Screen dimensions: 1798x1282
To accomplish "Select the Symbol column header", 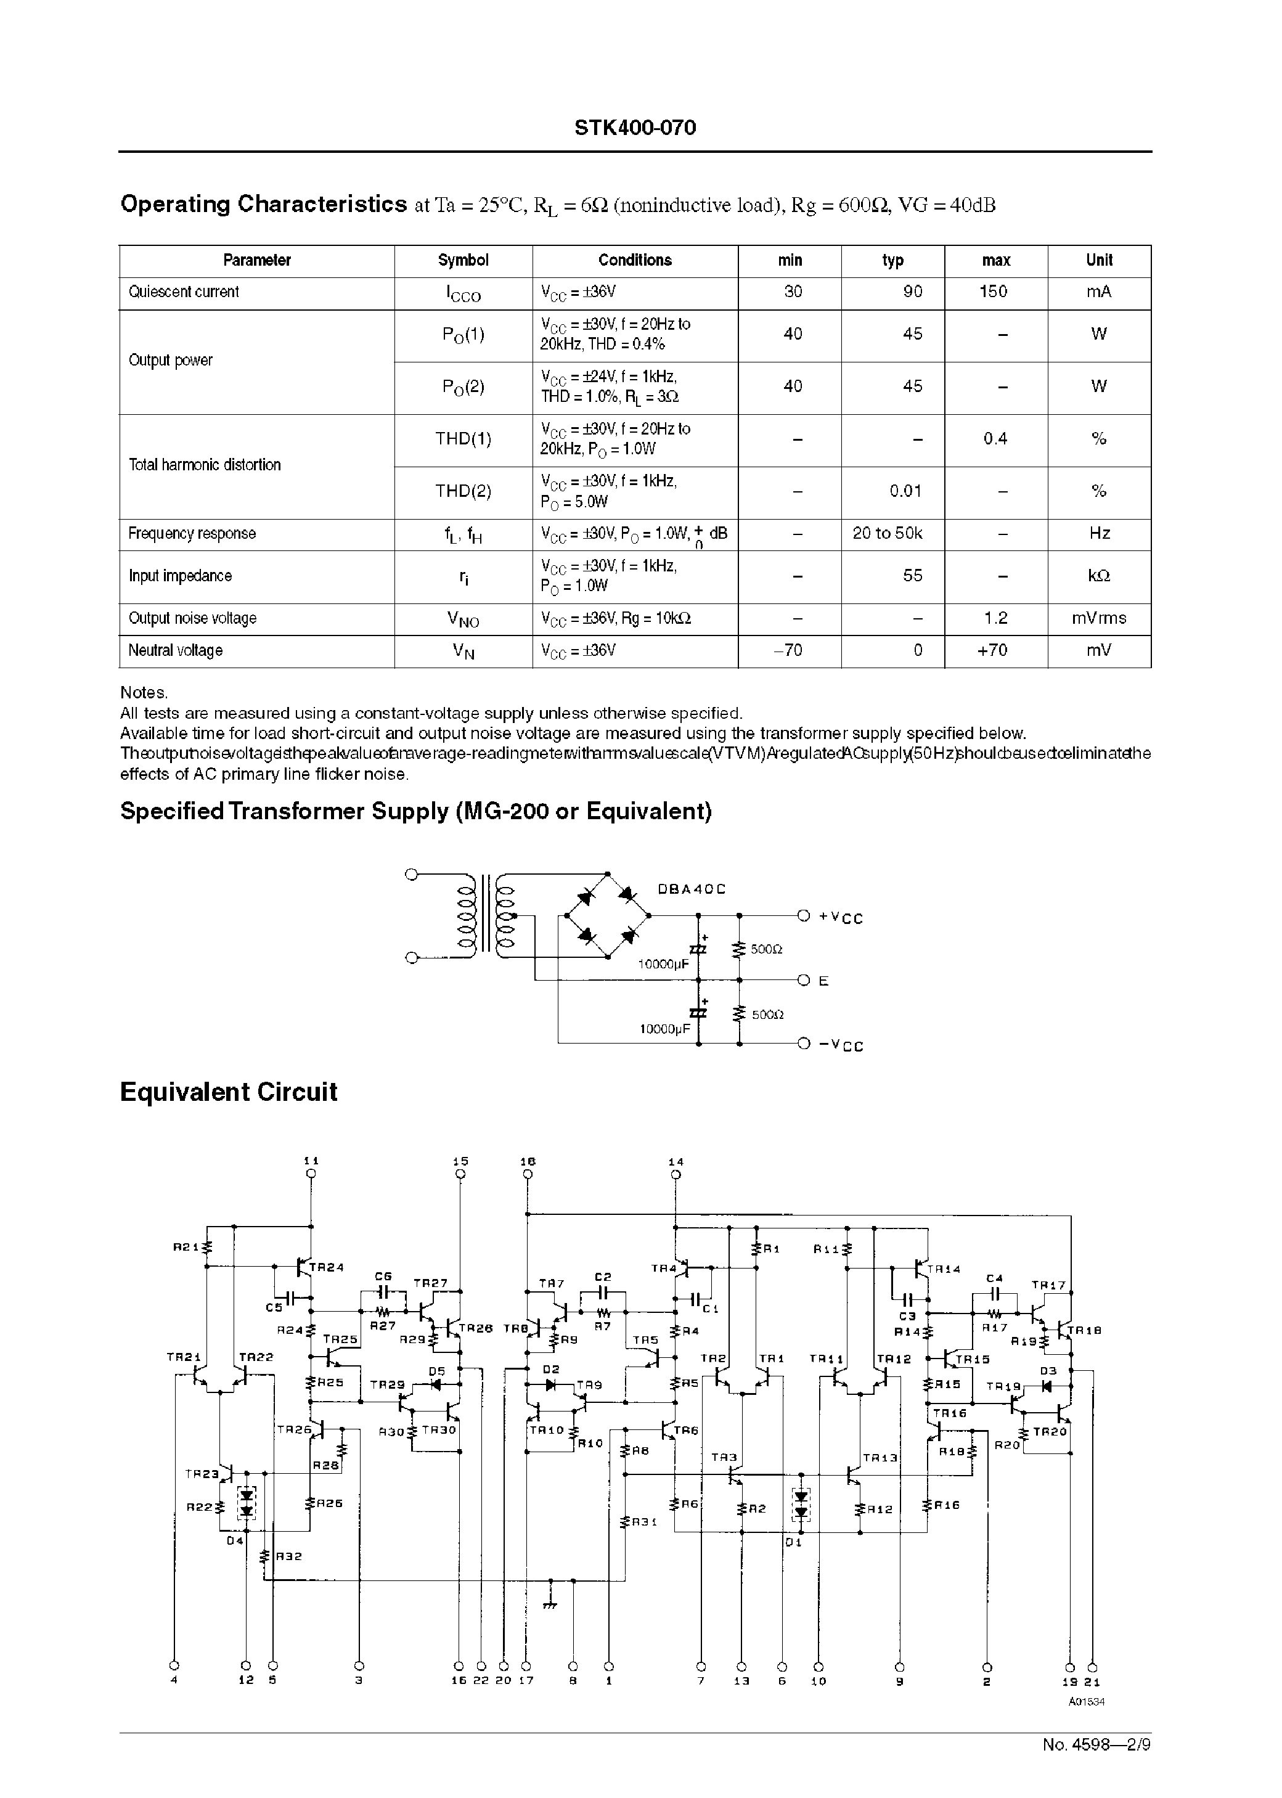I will (463, 261).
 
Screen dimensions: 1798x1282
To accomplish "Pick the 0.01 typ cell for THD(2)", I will (905, 491).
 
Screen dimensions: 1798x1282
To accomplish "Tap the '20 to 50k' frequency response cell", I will (888, 534).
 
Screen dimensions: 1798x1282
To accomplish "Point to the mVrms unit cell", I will (1098, 619).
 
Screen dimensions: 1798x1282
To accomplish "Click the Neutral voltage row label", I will (175, 651).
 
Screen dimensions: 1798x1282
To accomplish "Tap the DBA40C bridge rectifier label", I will (691, 889).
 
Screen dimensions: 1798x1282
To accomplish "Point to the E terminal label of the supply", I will (823, 981).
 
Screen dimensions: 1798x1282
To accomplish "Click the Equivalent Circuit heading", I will (228, 1092).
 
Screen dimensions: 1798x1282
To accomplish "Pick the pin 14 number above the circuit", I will (676, 1162).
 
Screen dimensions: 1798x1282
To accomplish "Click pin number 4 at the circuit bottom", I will (174, 1680).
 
